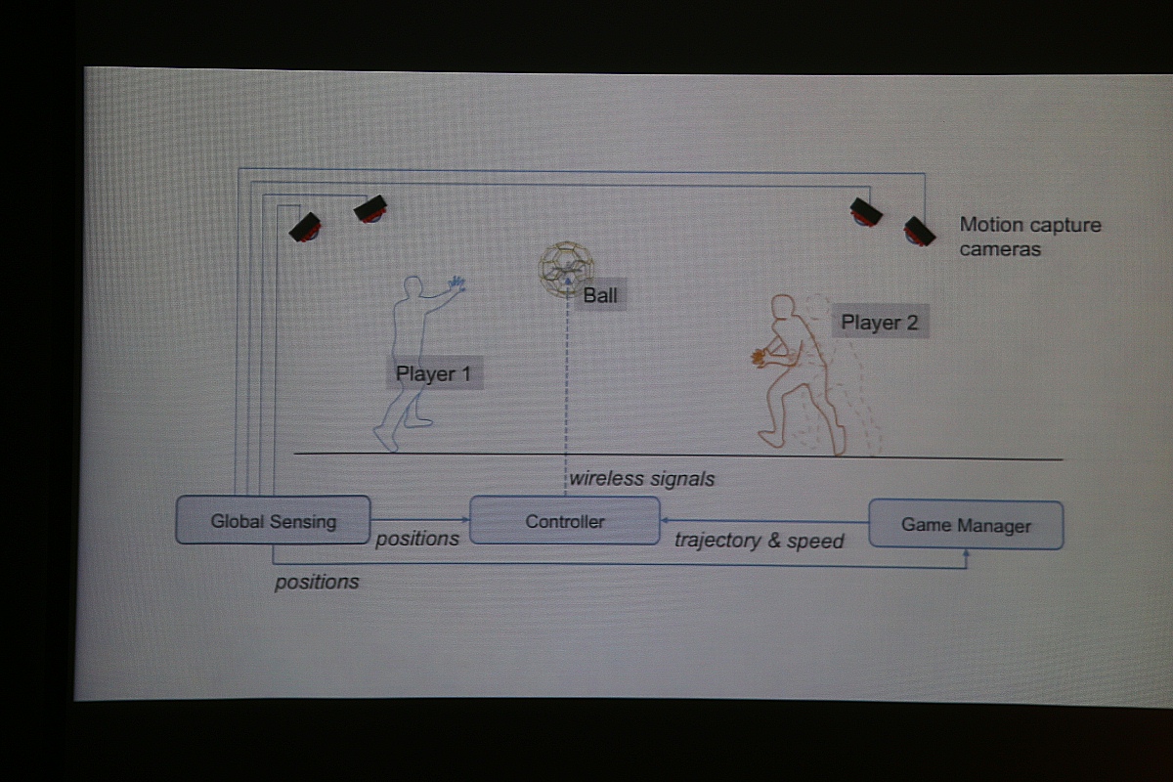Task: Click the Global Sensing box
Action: (x=273, y=520)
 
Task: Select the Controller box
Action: (x=565, y=521)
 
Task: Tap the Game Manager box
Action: (x=966, y=525)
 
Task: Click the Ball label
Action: (x=600, y=295)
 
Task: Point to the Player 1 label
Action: (x=434, y=373)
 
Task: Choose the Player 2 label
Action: (x=880, y=322)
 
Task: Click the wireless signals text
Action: (x=641, y=478)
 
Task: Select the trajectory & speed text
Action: (x=760, y=540)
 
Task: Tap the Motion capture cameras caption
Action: (x=1030, y=237)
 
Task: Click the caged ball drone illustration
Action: (x=566, y=269)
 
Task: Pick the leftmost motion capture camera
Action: (x=305, y=228)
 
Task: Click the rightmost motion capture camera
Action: (x=919, y=232)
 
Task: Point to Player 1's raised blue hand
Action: (x=456, y=283)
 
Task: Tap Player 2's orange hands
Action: (x=760, y=359)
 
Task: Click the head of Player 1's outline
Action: (x=413, y=286)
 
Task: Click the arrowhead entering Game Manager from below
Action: (x=966, y=553)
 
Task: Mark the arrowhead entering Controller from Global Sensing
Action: (x=465, y=520)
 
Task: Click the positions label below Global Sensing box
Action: (x=317, y=582)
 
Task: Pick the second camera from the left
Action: (x=370, y=209)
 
